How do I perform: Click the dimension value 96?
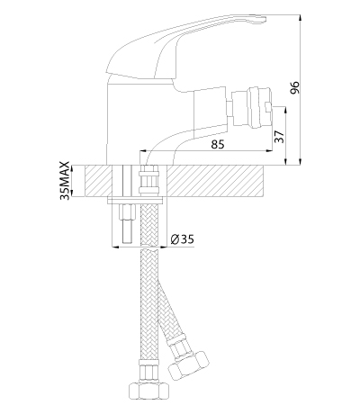click(x=296, y=87)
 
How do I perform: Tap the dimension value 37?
click(x=279, y=137)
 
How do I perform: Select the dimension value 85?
click(x=217, y=144)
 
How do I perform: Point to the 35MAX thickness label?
click(x=65, y=181)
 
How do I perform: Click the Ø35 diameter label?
click(x=183, y=239)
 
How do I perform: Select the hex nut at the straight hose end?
click(x=149, y=391)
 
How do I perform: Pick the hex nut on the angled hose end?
click(x=189, y=364)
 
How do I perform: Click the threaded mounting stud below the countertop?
click(x=127, y=223)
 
